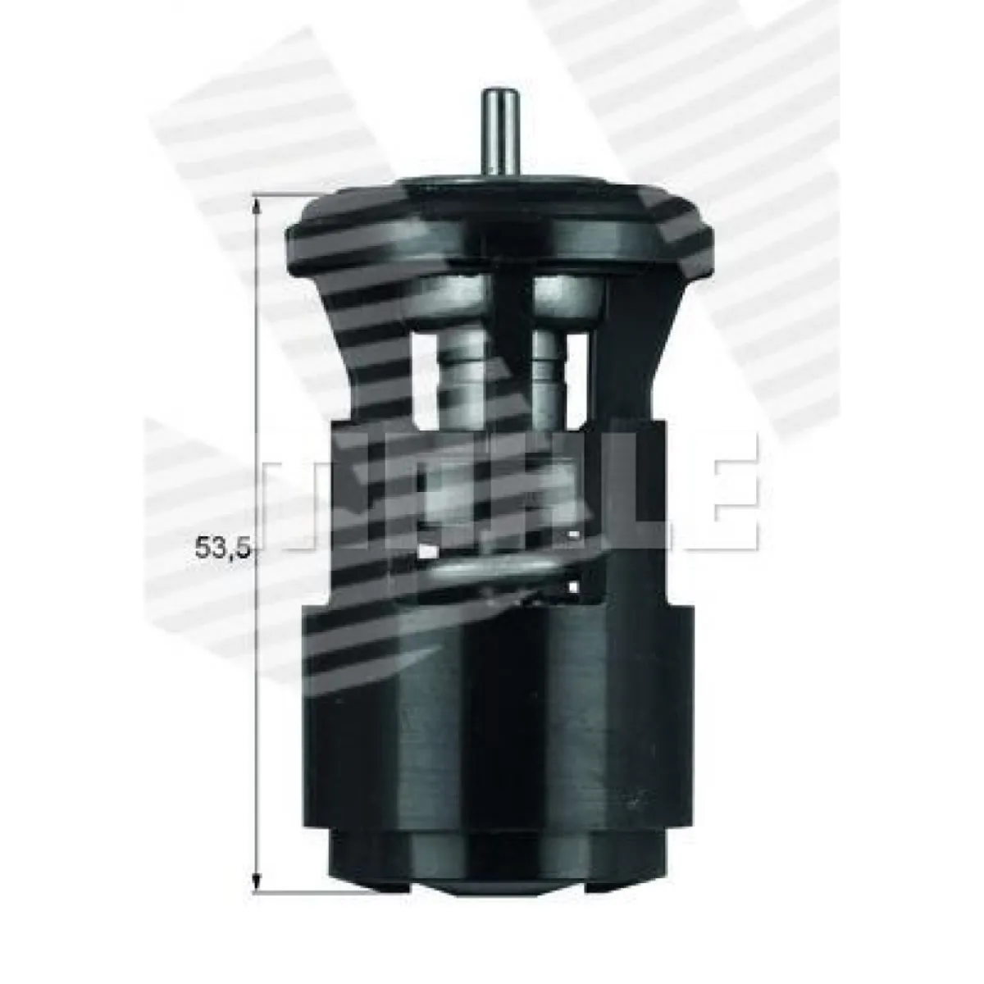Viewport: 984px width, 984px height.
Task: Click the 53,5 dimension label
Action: pyautogui.click(x=223, y=548)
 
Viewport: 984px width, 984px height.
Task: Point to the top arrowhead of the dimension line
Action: pyautogui.click(x=257, y=207)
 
